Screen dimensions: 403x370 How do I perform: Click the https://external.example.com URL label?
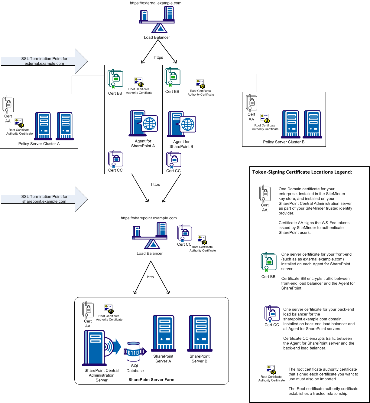[x=155, y=3]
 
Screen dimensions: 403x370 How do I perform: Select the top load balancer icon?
[x=157, y=19]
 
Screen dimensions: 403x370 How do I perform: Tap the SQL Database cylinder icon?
[x=134, y=352]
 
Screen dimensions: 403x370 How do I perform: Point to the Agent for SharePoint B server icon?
[x=182, y=124]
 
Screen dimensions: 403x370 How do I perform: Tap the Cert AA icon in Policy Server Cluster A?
[x=8, y=105]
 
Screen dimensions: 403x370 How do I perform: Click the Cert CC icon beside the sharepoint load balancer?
[x=184, y=233]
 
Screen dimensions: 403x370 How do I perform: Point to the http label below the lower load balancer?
[x=150, y=277]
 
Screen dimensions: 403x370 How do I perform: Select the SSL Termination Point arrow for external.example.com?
[x=44, y=61]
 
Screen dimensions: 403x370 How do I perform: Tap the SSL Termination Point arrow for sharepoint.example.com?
[x=44, y=199]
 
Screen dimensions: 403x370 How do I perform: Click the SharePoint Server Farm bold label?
[x=151, y=380]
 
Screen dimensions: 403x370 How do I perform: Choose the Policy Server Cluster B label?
[x=284, y=142]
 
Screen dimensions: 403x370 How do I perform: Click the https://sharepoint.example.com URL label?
[x=149, y=218]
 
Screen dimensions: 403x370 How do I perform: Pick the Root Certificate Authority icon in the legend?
[x=271, y=370]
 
